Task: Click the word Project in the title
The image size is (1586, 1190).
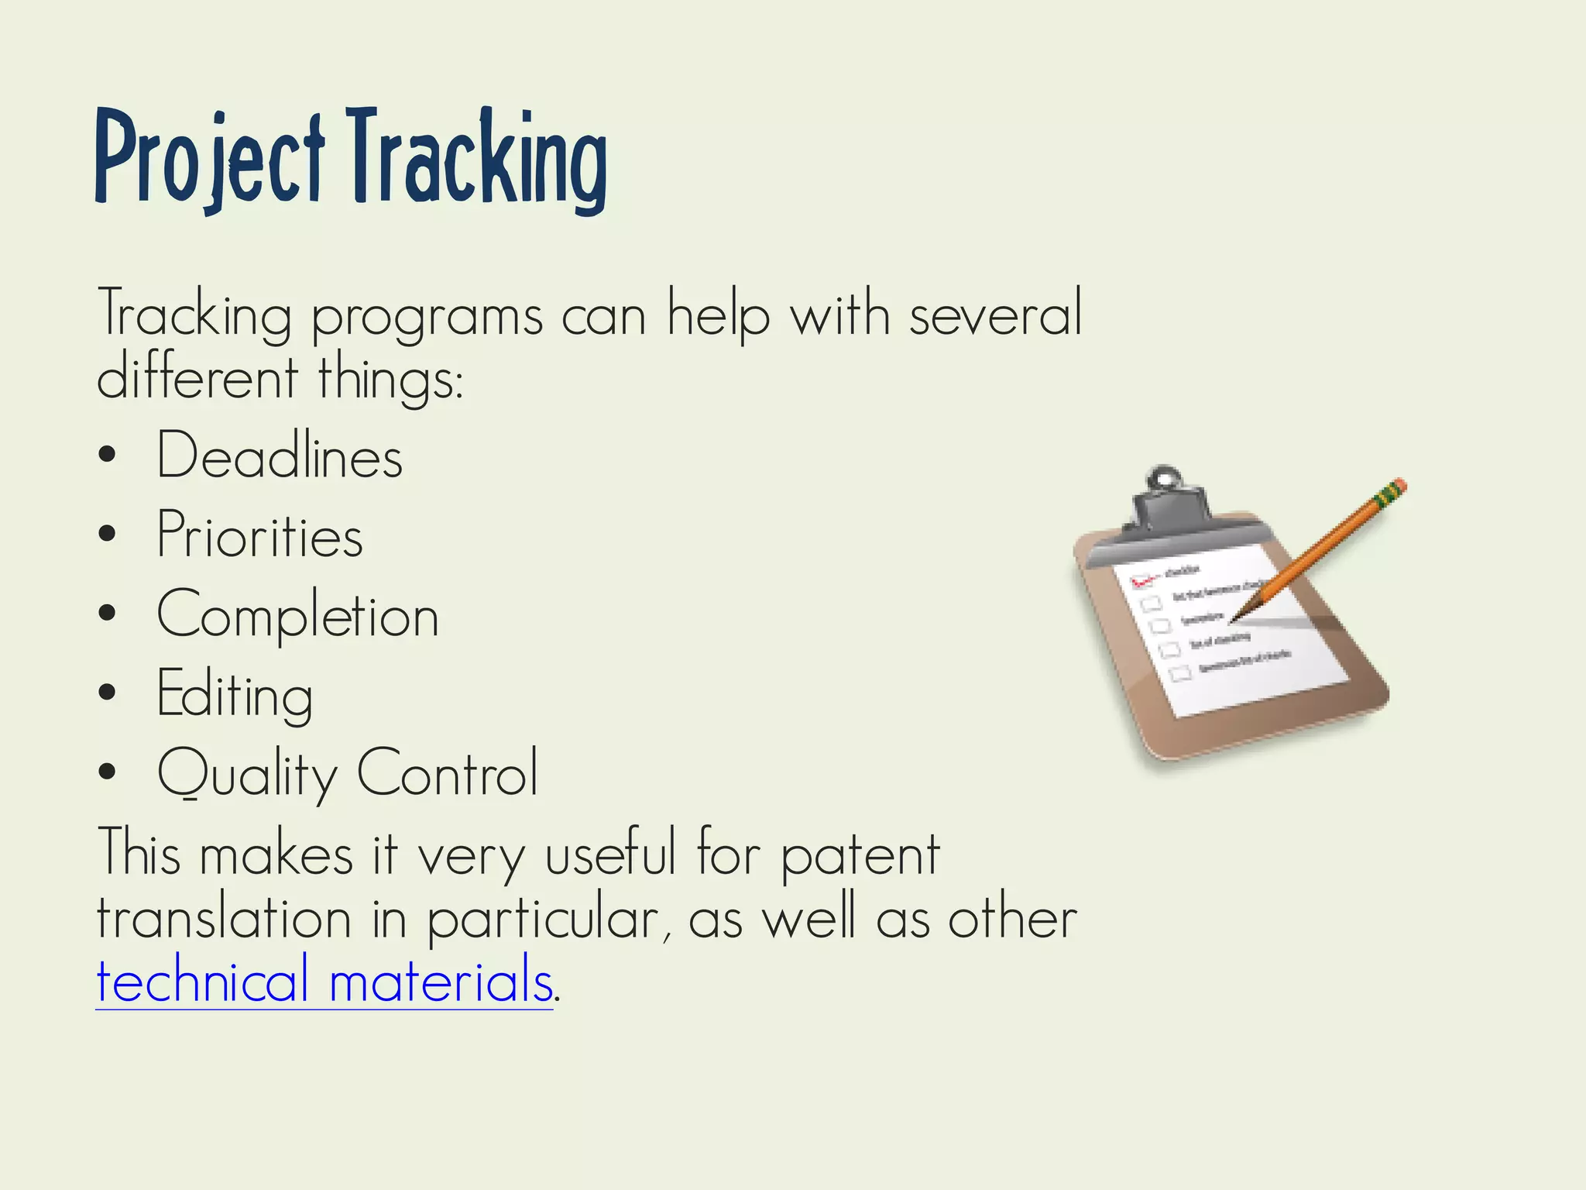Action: (x=209, y=159)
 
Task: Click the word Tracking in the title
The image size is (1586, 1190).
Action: (x=476, y=159)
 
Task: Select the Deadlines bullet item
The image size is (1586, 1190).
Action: (x=280, y=456)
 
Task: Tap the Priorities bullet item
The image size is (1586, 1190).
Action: (x=260, y=535)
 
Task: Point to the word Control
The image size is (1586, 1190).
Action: (x=448, y=772)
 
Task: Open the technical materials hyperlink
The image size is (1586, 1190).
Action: (x=324, y=981)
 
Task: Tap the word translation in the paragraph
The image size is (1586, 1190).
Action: (x=225, y=919)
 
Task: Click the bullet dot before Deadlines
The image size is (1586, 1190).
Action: (x=108, y=455)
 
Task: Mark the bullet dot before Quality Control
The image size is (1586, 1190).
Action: (x=108, y=772)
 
